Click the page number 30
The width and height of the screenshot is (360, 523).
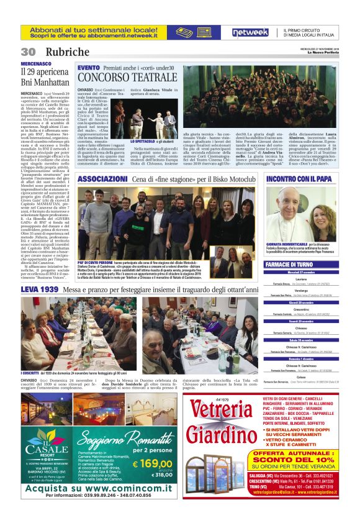pyautogui.click(x=27, y=52)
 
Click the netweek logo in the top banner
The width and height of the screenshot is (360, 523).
pyautogui.click(x=250, y=32)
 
